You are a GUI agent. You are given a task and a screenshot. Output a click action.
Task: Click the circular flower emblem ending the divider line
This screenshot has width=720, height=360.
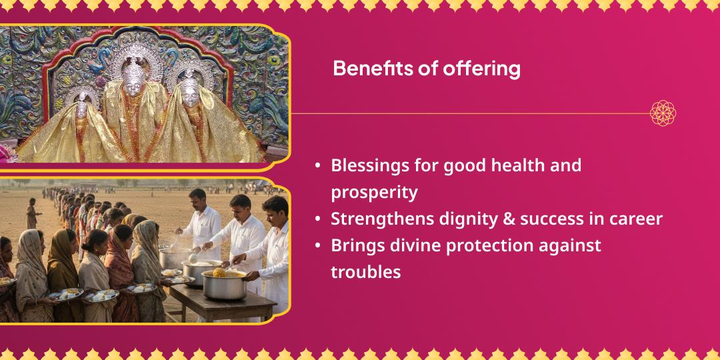tap(663, 113)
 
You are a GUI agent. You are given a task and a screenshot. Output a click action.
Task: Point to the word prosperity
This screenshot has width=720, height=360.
tap(374, 193)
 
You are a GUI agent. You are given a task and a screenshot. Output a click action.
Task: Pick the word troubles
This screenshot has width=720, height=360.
tap(365, 272)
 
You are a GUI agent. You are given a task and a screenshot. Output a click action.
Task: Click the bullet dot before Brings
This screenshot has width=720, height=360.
tap(318, 245)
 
